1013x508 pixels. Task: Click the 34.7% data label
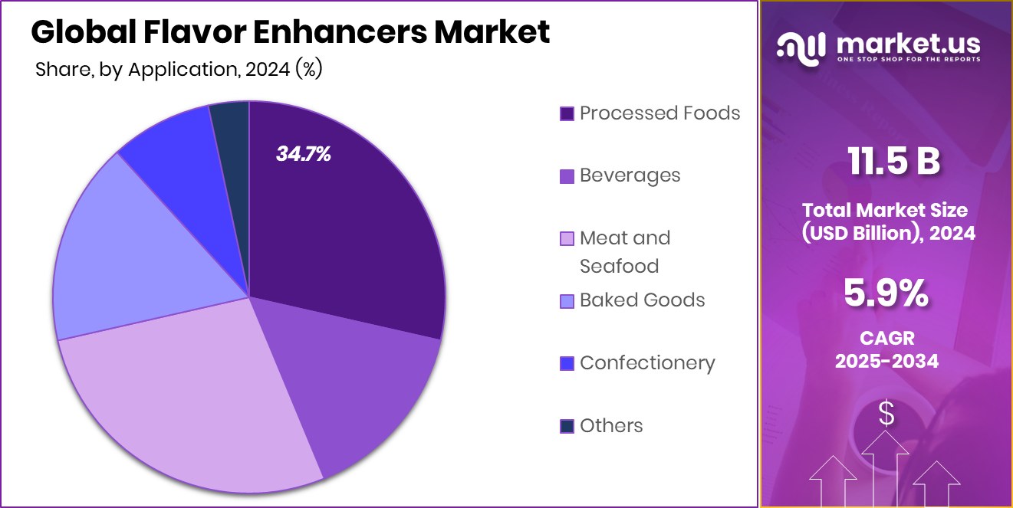pos(304,154)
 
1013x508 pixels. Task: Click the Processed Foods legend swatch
pos(567,113)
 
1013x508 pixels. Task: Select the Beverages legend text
pos(630,175)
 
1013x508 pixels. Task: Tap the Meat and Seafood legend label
pos(624,252)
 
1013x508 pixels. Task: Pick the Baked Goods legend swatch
pos(567,301)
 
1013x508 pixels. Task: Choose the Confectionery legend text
pos(647,362)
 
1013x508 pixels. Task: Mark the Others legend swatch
pos(567,426)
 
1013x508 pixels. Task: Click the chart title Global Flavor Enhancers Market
pos(291,33)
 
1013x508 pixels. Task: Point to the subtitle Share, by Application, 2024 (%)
pos(179,70)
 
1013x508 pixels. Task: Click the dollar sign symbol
pos(886,415)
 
